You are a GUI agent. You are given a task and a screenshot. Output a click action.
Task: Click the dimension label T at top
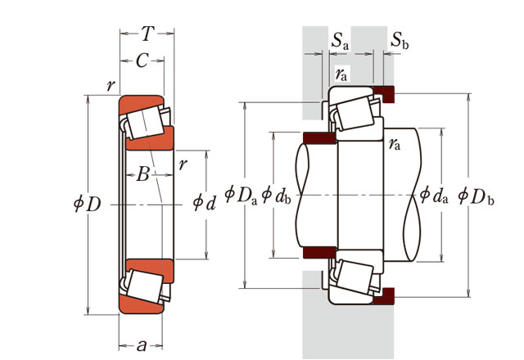pyautogui.click(x=147, y=34)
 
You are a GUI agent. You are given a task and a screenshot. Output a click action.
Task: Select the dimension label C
pyautogui.click(x=142, y=61)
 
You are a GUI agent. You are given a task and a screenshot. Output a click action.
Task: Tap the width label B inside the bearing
pyautogui.click(x=142, y=174)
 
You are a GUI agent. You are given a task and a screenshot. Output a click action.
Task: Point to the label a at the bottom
pyautogui.click(x=142, y=345)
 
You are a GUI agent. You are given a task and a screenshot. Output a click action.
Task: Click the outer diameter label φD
pyautogui.click(x=88, y=204)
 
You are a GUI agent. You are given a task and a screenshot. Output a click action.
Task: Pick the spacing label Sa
pyautogui.click(x=340, y=42)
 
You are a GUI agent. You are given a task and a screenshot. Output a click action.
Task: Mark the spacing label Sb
pyautogui.click(x=400, y=41)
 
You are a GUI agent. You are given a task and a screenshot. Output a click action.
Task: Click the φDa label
pyautogui.click(x=241, y=196)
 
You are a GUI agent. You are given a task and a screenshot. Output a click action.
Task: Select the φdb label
pyautogui.click(x=276, y=196)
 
